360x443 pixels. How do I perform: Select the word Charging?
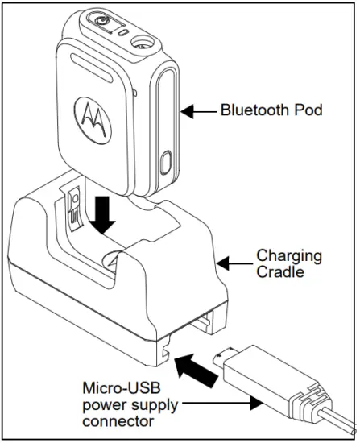[288, 256]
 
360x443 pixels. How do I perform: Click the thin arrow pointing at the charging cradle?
[236, 262]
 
